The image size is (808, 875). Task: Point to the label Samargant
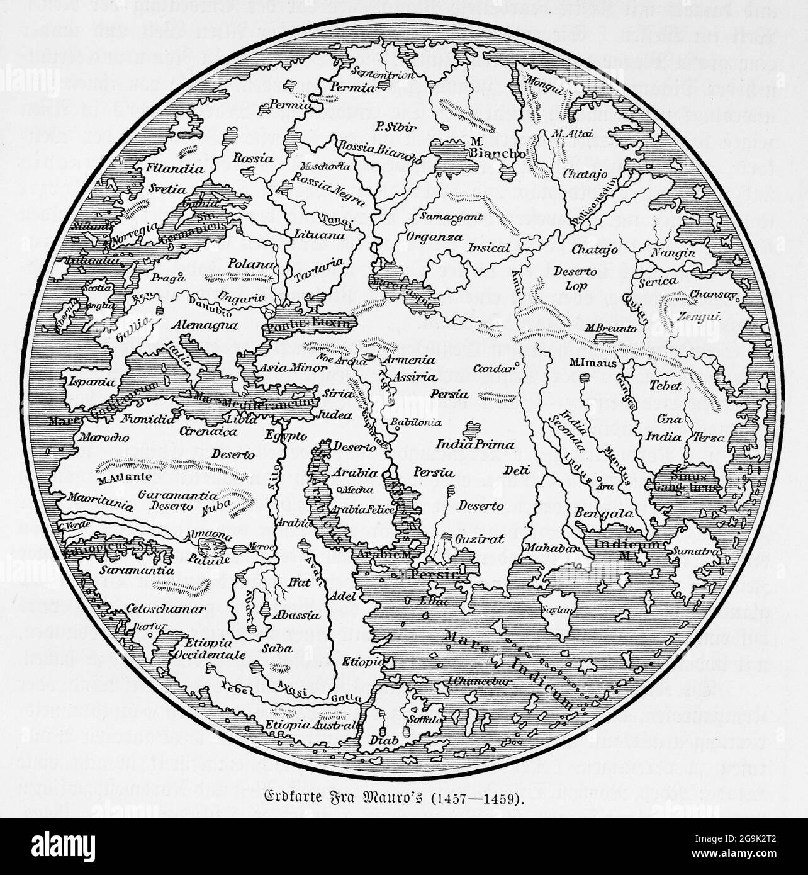click(x=447, y=218)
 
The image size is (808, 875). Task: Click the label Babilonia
click(x=415, y=422)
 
